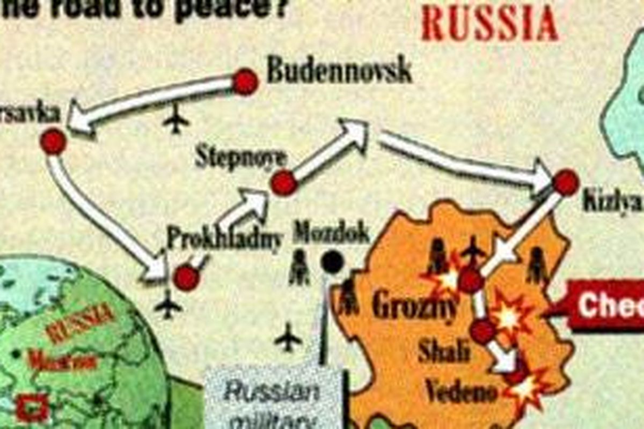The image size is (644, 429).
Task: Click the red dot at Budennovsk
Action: [245, 82]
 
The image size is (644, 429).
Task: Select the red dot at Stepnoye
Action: [284, 183]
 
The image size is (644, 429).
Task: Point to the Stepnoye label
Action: [241, 158]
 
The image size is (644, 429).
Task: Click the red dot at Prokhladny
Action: [186, 278]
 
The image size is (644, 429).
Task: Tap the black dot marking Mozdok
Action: [332, 262]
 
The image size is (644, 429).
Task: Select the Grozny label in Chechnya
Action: [415, 307]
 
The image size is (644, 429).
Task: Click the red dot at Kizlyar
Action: [566, 182]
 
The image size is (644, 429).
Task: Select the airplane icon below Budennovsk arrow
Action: [176, 119]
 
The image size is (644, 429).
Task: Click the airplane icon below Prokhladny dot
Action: [169, 305]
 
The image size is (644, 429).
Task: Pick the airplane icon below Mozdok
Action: [288, 338]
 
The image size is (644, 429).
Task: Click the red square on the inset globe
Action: [32, 408]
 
